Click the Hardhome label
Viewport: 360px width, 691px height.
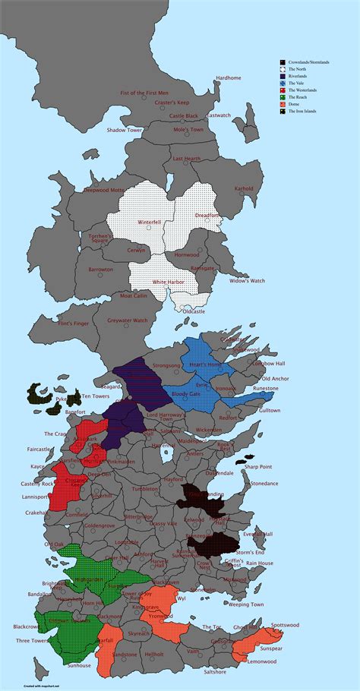[x=228, y=78]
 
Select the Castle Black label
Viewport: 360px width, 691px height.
[x=183, y=115]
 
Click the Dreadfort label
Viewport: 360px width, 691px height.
[x=207, y=215]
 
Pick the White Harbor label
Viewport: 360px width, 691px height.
[x=169, y=282]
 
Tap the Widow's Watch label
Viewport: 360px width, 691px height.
[x=248, y=281]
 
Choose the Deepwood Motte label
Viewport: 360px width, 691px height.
[x=104, y=190]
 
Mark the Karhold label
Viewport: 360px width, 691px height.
[x=244, y=188]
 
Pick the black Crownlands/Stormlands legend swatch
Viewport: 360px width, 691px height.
[x=283, y=62]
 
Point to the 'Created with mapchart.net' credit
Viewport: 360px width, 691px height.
[x=22, y=686]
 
